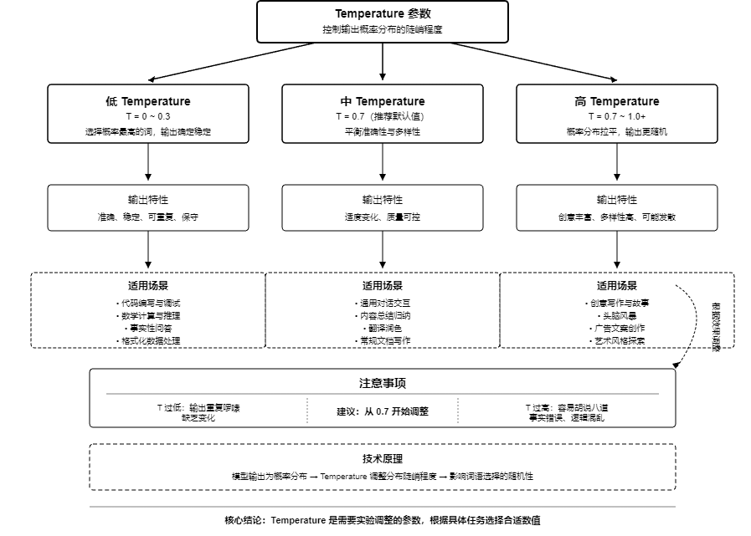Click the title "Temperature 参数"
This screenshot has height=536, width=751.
click(x=382, y=13)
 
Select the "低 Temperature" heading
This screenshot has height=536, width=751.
click(x=148, y=101)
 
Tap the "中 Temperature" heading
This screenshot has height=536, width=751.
click(x=383, y=101)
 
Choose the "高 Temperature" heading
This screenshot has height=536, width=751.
click(x=617, y=101)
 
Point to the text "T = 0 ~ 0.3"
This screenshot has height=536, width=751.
click(x=148, y=116)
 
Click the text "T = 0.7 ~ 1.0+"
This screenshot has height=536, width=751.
click(x=617, y=116)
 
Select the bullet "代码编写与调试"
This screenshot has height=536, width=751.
click(x=148, y=303)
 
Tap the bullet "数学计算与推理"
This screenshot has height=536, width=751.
click(x=148, y=315)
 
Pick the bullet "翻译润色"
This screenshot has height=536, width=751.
click(x=383, y=328)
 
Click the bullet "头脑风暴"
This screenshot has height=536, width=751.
click(x=617, y=315)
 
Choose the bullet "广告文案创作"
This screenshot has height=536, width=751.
click(x=617, y=328)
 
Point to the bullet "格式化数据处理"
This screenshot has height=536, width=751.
click(x=148, y=340)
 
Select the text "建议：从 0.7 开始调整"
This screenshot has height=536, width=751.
click(x=383, y=411)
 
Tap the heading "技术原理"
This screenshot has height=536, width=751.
click(x=383, y=458)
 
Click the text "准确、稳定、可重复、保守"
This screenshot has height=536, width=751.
click(x=148, y=217)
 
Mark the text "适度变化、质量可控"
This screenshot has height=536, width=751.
click(x=383, y=217)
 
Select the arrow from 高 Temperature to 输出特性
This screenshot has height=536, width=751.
click(x=617, y=162)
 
